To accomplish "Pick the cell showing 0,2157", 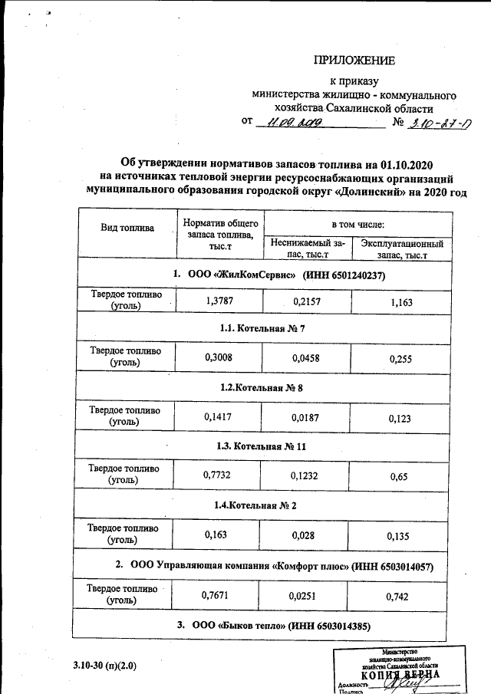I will [x=305, y=301].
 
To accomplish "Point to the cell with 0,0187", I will [x=305, y=416].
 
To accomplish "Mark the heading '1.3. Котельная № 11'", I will [x=262, y=446].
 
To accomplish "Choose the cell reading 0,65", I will [x=398, y=476].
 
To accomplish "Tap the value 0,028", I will [x=305, y=534].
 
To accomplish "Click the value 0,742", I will [x=400, y=595].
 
